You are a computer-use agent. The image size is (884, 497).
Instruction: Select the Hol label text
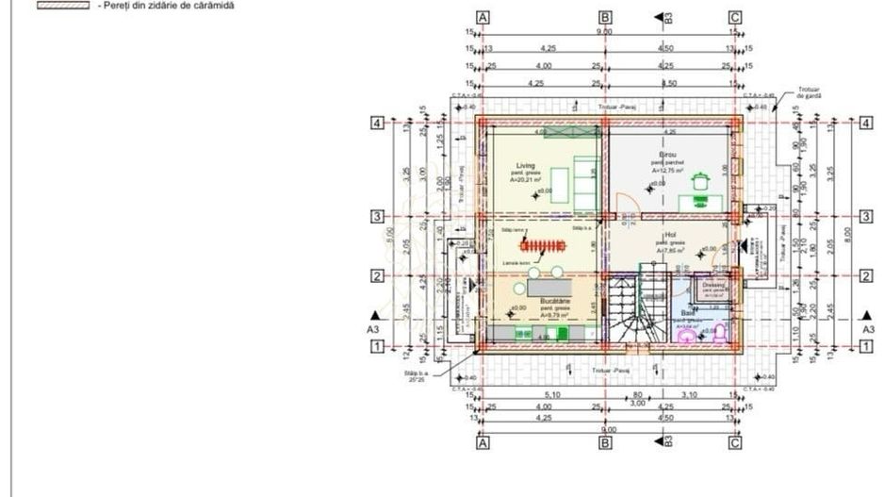(x=670, y=234)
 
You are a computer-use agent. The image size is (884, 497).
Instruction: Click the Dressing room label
(x=713, y=284)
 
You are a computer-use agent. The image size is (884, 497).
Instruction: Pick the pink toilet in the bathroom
(x=721, y=331)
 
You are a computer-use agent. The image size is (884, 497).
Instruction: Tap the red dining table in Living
(x=544, y=247)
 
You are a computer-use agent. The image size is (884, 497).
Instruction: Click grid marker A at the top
(x=483, y=17)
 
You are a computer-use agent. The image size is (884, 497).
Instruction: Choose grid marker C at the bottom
(x=735, y=441)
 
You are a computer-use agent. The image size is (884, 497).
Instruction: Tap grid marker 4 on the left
(x=376, y=124)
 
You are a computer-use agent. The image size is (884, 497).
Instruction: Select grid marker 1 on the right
(x=865, y=347)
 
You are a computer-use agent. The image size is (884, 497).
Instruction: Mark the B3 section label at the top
(x=667, y=17)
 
